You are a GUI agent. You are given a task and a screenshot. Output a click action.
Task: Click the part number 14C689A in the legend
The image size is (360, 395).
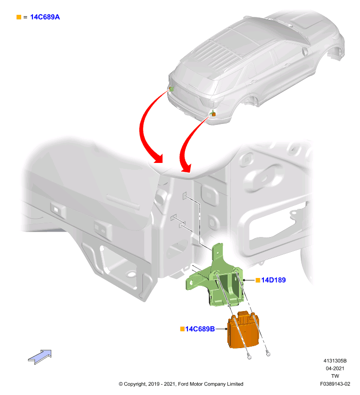45,17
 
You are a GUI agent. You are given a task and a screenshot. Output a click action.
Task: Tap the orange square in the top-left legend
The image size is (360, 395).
19,17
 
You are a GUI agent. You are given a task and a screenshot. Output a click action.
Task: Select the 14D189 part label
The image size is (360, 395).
273,280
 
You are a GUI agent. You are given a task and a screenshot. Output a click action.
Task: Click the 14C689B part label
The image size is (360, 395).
200,329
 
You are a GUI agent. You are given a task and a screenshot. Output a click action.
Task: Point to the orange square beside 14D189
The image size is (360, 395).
258,280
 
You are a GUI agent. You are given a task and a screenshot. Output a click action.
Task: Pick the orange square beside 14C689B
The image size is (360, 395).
182,329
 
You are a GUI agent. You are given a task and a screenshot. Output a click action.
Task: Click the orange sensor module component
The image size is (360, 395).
243,330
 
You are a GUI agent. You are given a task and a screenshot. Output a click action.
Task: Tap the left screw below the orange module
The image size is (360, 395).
250,356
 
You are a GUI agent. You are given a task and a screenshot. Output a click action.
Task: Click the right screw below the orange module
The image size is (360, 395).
268,354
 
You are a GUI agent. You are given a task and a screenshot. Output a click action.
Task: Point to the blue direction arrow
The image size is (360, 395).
40,356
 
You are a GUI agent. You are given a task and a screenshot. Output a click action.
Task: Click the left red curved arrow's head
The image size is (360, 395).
157,158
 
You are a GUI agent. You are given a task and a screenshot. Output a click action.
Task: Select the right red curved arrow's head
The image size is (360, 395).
186,168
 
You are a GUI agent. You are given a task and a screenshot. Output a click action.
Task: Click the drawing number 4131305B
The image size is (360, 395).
335,361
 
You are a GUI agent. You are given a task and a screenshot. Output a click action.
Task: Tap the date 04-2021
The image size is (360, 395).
335,368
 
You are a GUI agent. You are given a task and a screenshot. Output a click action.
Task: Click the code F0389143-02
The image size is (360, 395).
335,384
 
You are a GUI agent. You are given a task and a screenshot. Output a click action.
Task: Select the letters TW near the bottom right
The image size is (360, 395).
335,376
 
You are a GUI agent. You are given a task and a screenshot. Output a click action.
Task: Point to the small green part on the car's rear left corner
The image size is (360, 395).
171,89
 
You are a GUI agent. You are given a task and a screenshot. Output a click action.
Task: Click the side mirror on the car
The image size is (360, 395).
305,51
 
